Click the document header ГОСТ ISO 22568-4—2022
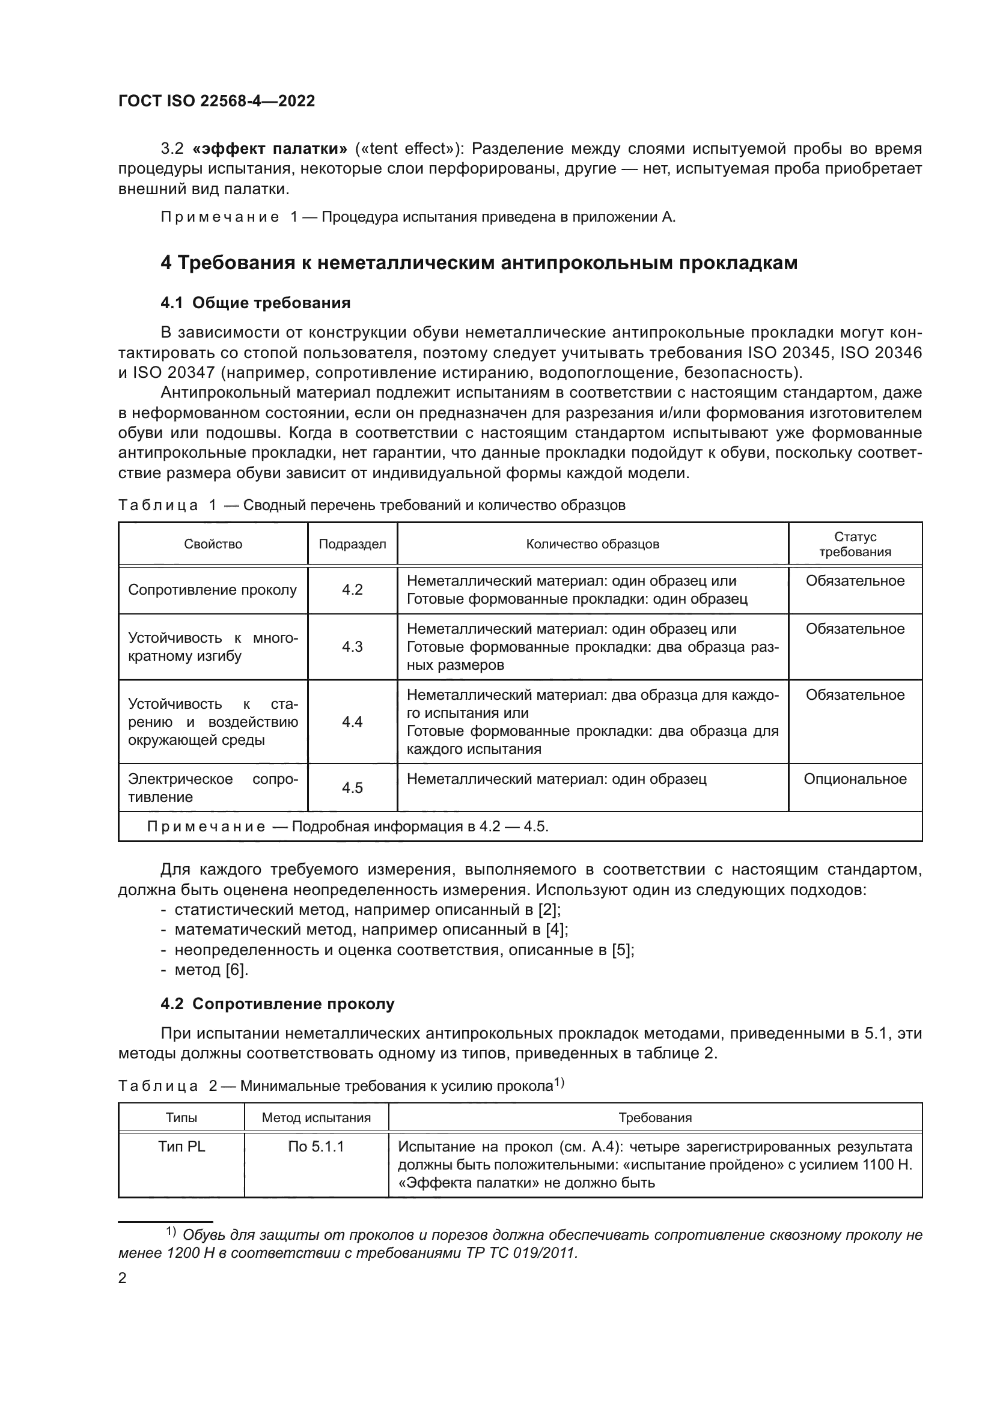click(216, 101)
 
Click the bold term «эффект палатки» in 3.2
click(269, 149)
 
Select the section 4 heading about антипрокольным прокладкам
click(478, 262)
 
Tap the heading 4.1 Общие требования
click(255, 303)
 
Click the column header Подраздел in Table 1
click(352, 544)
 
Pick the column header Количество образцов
click(592, 544)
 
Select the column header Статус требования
click(855, 544)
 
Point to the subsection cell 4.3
click(352, 647)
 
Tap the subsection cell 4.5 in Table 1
click(352, 787)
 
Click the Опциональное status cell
click(855, 779)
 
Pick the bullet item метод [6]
click(211, 970)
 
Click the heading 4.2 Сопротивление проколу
click(277, 1004)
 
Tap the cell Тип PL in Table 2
click(181, 1147)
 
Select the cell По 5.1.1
click(316, 1147)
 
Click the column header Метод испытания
click(316, 1118)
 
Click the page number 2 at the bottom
click(123, 1278)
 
